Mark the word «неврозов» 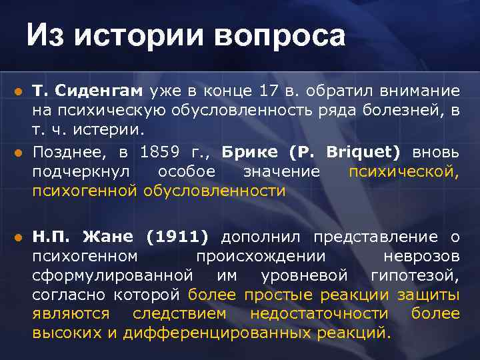pos(421,256)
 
